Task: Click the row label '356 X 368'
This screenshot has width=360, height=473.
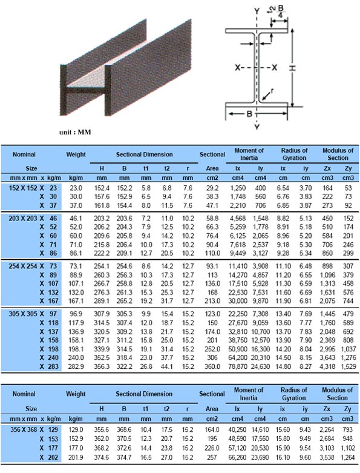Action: coord(23,428)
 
